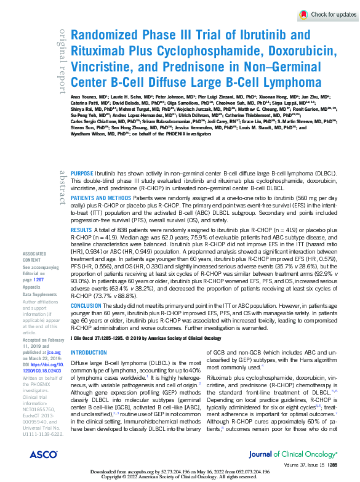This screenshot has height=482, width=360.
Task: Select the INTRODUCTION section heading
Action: tap(89, 353)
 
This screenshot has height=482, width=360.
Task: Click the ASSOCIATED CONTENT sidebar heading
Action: tap(34, 273)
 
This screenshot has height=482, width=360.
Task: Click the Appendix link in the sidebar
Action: tap(31, 287)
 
